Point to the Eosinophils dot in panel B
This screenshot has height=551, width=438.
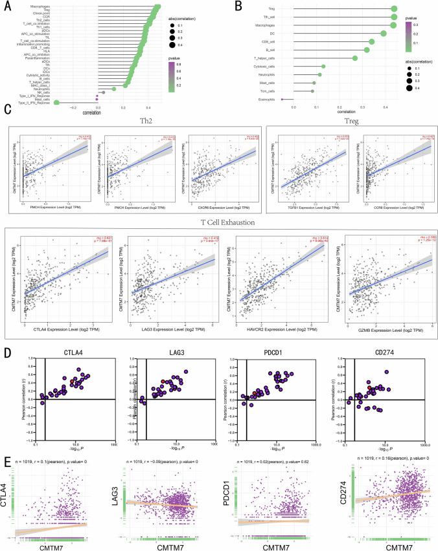click(282, 99)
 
